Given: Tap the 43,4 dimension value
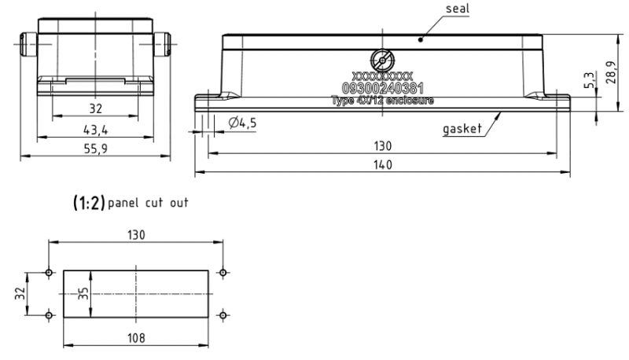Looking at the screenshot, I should point(95,128).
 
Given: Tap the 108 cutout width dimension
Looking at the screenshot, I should point(138,339).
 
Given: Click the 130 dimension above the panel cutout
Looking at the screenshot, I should point(136,235).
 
